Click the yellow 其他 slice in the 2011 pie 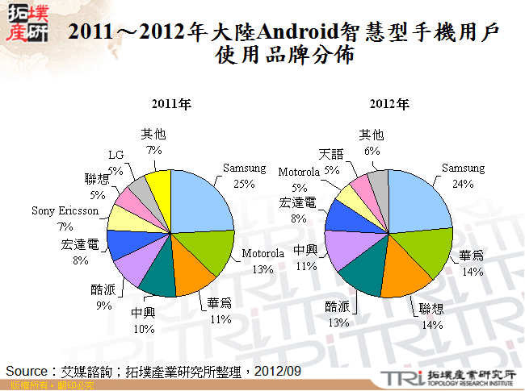[158, 186]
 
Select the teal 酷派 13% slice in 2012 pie [359, 276]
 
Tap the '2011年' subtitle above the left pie [171, 105]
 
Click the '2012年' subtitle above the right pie [390, 105]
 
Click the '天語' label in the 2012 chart [331, 153]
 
